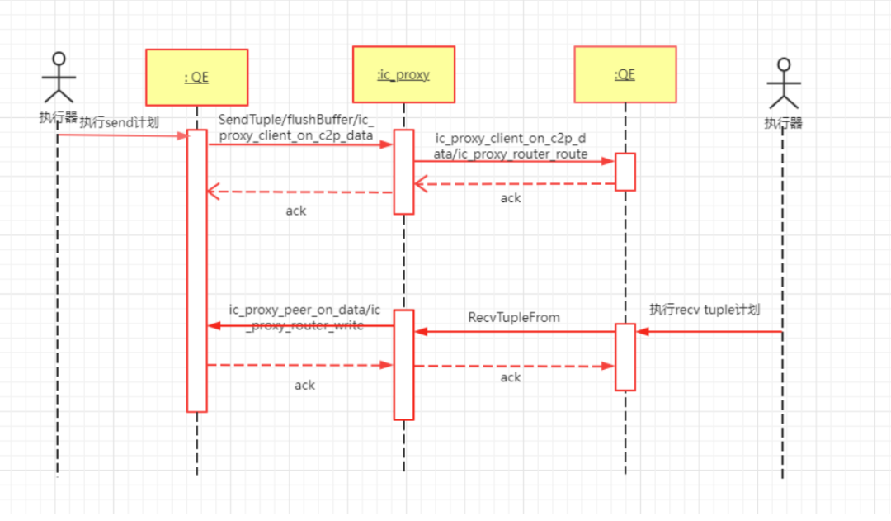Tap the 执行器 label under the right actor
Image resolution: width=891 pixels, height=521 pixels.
point(783,123)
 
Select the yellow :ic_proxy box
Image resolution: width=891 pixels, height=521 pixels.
point(403,74)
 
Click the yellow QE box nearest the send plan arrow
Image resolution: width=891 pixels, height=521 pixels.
point(196,78)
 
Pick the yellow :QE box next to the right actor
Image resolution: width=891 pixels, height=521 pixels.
point(625,73)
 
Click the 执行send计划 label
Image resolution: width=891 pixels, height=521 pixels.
point(119,122)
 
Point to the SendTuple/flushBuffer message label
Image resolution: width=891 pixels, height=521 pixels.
point(296,127)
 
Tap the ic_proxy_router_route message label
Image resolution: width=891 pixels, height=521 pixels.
point(511,146)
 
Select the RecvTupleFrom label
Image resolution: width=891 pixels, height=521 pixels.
point(513,317)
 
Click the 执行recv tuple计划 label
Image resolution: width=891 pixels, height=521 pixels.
point(704,310)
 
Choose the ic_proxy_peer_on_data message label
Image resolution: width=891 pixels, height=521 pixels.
point(304,317)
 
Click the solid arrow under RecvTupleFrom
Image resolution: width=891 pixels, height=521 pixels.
point(515,331)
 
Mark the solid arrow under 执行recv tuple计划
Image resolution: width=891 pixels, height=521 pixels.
point(709,332)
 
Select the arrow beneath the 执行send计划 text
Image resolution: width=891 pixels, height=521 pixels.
point(124,135)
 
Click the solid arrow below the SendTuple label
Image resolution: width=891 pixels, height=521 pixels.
point(300,144)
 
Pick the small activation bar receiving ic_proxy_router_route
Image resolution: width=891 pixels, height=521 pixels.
point(625,172)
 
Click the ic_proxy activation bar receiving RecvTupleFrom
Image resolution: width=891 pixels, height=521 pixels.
point(403,364)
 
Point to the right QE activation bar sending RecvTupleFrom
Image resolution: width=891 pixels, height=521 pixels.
point(625,357)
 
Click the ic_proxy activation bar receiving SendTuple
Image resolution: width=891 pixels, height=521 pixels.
point(403,172)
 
